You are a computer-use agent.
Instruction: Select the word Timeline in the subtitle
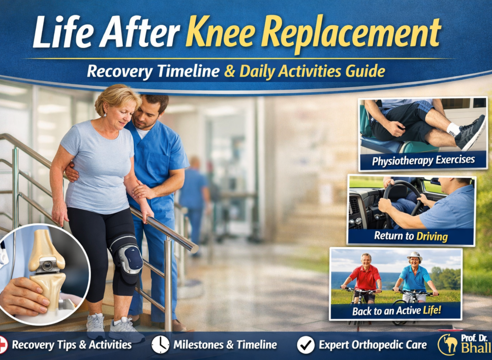click(188, 71)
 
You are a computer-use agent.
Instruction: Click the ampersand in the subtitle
click(230, 71)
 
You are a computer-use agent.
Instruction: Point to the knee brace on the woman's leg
click(128, 258)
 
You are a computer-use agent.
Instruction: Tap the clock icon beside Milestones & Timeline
click(160, 345)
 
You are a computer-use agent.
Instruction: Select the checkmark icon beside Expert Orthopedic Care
click(306, 345)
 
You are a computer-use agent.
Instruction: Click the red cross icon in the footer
click(2, 345)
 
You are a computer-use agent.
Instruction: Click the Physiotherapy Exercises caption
click(423, 161)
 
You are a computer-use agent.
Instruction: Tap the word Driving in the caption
click(432, 236)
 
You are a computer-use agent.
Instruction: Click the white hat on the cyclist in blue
click(414, 256)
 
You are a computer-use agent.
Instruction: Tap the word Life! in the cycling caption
click(432, 310)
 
